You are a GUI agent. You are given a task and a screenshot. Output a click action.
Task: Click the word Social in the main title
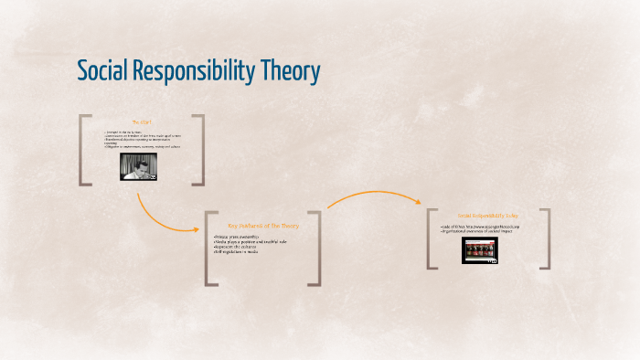(x=103, y=71)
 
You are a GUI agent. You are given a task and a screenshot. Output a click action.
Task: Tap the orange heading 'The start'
(x=141, y=122)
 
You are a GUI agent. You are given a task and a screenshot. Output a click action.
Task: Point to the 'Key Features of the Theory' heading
(x=262, y=225)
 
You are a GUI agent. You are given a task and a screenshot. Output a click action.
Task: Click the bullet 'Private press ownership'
(x=236, y=237)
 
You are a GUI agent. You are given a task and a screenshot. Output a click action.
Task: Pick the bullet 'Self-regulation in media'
(x=237, y=252)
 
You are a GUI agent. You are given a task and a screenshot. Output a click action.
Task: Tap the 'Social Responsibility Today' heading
(x=488, y=216)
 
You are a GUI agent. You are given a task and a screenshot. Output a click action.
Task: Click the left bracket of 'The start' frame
(x=82, y=150)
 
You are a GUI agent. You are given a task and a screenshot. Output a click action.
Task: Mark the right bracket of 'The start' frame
(x=200, y=150)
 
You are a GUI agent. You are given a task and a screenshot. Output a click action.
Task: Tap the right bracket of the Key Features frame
(x=318, y=248)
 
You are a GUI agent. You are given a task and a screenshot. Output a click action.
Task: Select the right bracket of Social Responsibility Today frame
(x=546, y=238)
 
